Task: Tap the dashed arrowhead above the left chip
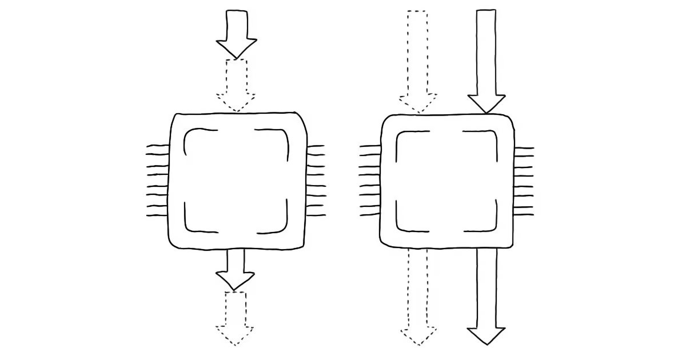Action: click(x=236, y=101)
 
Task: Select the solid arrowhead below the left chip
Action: click(x=236, y=280)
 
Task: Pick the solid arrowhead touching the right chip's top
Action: click(x=486, y=103)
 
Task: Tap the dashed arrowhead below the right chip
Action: click(x=418, y=335)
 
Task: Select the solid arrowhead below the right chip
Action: click(x=486, y=335)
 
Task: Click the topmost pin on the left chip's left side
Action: click(x=158, y=147)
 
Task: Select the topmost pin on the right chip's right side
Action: click(x=524, y=149)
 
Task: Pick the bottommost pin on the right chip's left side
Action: click(x=370, y=215)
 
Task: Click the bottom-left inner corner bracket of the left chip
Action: click(x=192, y=226)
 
